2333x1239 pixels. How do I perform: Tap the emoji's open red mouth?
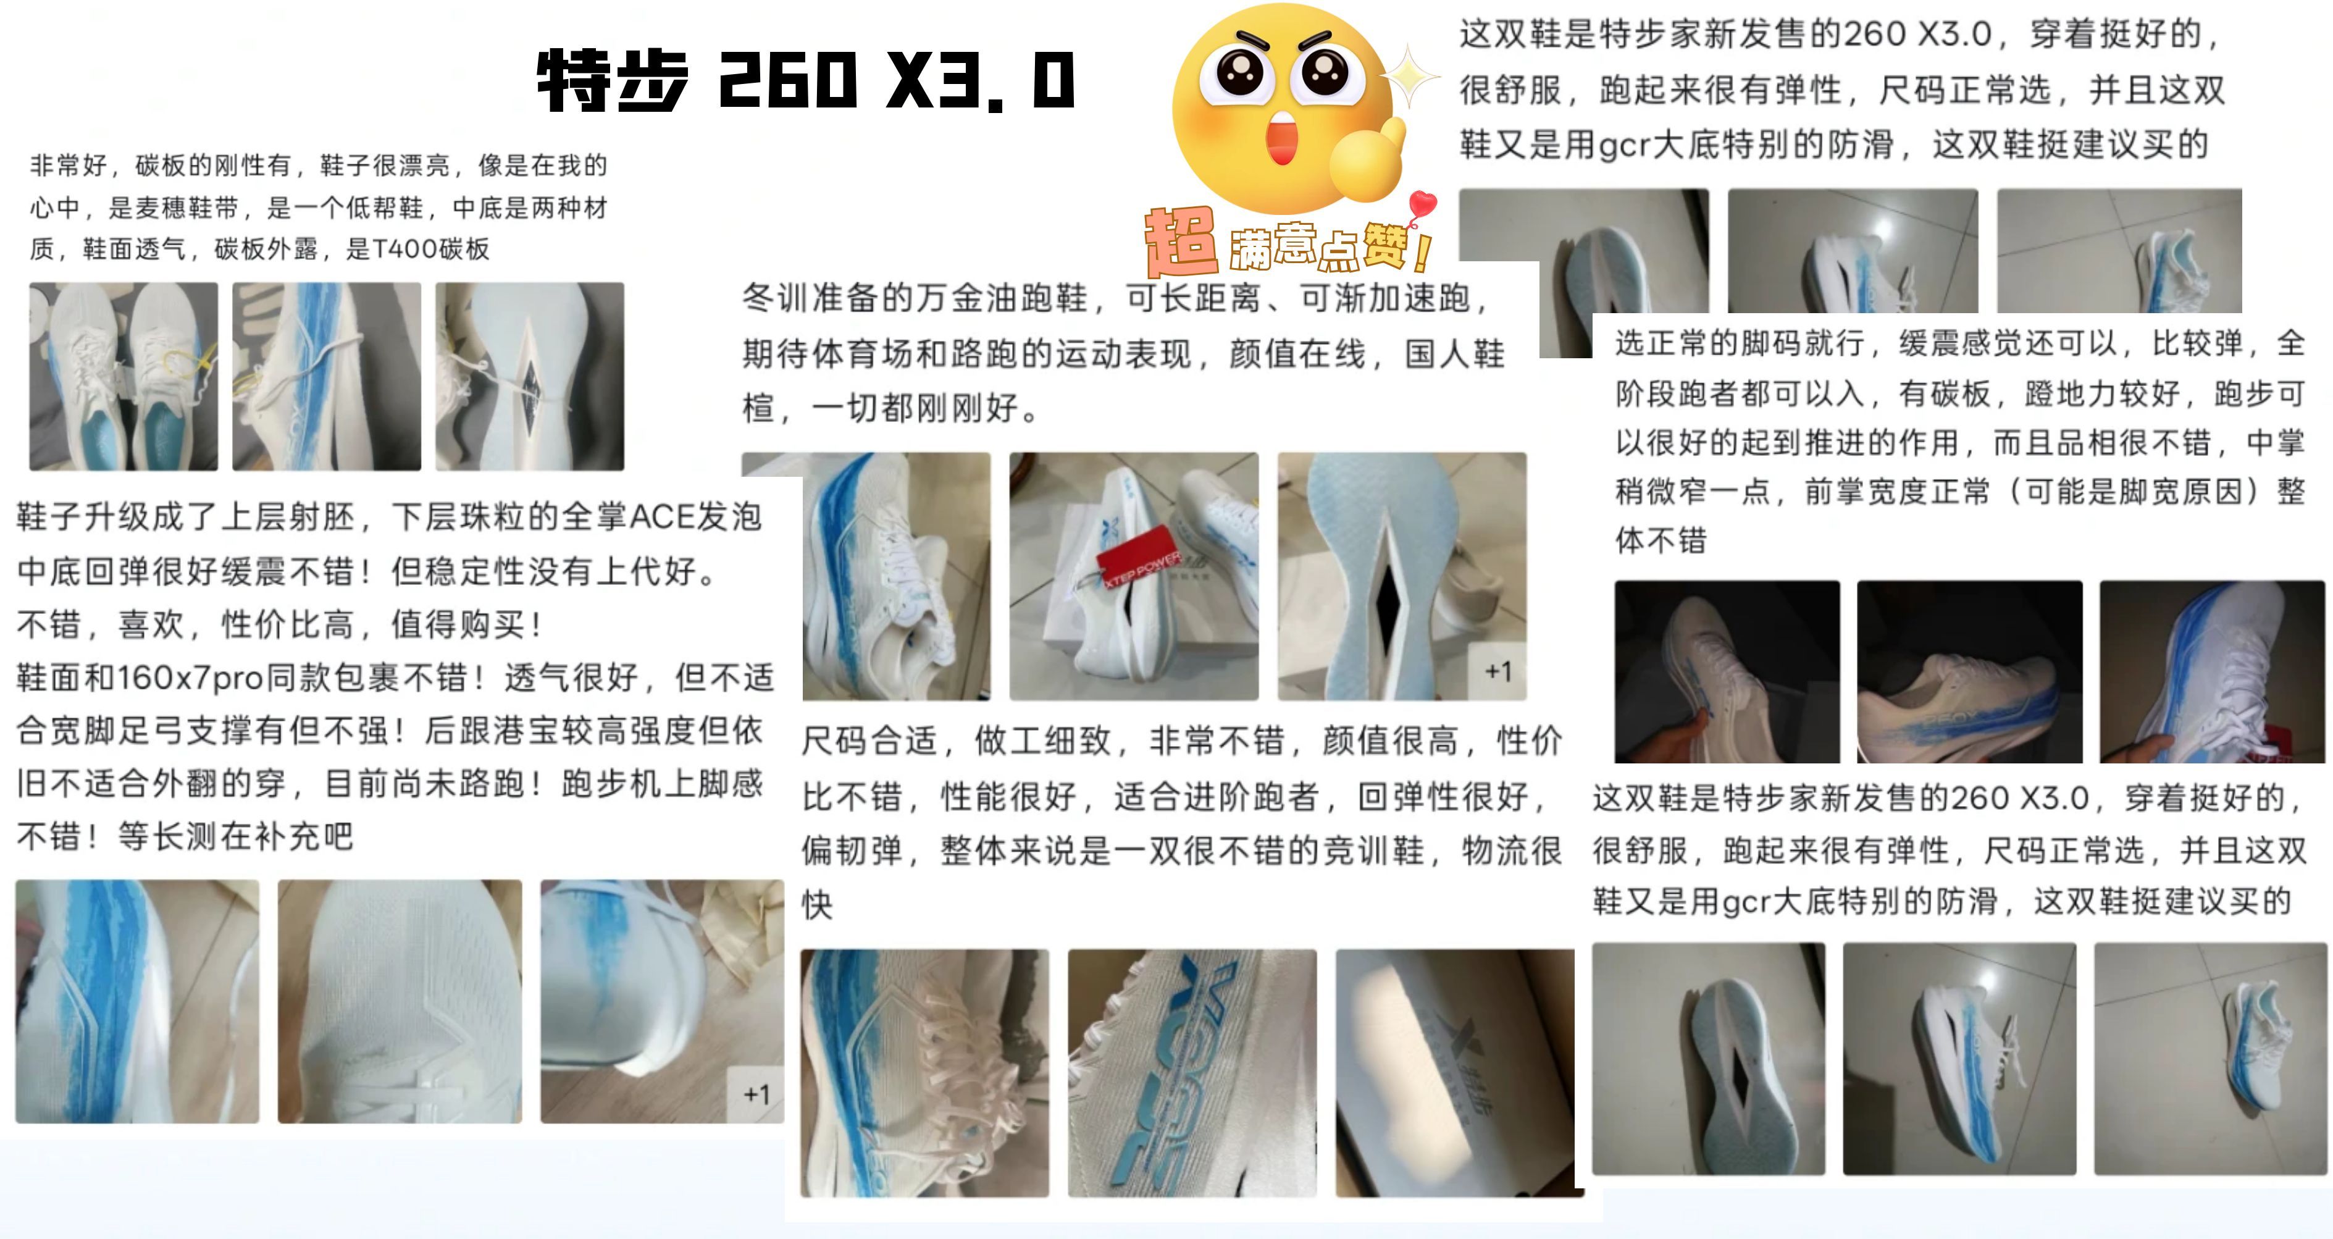click(x=1283, y=140)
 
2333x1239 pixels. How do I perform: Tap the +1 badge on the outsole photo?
click(x=1498, y=671)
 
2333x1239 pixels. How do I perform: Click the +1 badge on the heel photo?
click(x=756, y=1094)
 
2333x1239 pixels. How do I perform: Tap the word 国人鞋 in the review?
click(x=1454, y=353)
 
